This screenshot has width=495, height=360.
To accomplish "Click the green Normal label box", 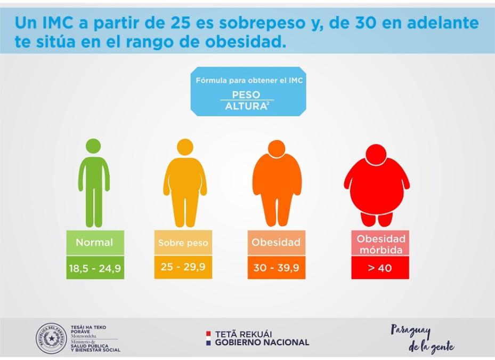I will tap(95, 242).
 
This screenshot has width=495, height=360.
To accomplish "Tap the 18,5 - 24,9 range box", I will tap(95, 268).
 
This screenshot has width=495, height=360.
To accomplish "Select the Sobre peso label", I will tap(183, 243).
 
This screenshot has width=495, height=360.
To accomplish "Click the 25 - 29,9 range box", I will tap(183, 267).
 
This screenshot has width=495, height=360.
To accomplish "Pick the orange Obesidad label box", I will tap(276, 242).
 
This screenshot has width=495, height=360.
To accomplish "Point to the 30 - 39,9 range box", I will tap(276, 268).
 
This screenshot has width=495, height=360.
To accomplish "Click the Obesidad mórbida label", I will tap(380, 244).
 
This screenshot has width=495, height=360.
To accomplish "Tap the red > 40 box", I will tap(380, 268).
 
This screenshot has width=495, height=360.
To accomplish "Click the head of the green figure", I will tap(93, 147).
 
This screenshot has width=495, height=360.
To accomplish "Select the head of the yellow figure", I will tap(185, 147).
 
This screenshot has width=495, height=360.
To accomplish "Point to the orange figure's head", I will tap(277, 149).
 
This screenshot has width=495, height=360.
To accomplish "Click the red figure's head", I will tap(376, 154).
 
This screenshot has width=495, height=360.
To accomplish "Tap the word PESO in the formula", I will tap(246, 94).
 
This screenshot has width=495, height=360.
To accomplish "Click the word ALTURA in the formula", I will tap(245, 106).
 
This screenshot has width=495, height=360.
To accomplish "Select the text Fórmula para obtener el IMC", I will tap(249, 81).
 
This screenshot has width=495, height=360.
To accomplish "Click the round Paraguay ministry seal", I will tap(51, 339).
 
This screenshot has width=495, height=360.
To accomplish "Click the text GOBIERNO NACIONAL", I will tap(262, 342).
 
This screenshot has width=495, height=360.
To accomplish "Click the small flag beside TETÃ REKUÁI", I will tap(208, 338).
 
